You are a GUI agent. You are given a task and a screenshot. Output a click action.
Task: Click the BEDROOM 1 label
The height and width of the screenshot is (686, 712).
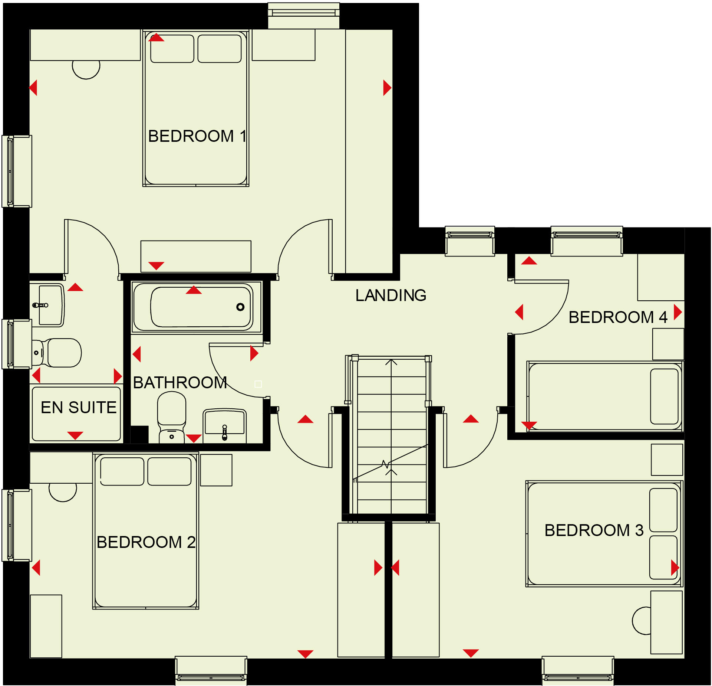(197, 136)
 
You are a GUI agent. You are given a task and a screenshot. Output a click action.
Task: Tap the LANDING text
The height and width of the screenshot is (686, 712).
(390, 295)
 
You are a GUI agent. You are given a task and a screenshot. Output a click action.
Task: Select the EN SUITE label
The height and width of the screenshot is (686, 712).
(78, 407)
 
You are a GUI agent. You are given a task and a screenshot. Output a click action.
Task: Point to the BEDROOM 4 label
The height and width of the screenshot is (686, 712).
(618, 317)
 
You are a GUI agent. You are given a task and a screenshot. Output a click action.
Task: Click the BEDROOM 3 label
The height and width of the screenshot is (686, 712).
(594, 530)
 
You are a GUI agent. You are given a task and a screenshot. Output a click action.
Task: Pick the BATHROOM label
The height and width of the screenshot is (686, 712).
(180, 383)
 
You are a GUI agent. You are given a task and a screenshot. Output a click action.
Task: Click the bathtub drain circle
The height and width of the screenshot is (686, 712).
(240, 307)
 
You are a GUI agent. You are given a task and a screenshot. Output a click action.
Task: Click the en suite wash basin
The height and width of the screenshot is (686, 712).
(50, 305)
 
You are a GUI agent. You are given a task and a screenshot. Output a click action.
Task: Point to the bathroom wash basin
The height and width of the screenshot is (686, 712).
(224, 423)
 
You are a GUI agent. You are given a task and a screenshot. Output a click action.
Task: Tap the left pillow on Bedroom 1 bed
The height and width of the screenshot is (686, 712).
(172, 49)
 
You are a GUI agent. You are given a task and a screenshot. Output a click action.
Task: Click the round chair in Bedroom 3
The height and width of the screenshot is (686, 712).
(642, 621)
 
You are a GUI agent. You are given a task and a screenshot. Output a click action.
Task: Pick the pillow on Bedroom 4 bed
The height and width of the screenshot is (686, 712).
(664, 396)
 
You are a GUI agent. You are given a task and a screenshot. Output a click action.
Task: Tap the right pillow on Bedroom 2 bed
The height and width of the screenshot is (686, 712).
(169, 471)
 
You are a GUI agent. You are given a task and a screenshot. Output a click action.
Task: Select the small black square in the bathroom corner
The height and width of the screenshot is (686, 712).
(139, 434)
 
